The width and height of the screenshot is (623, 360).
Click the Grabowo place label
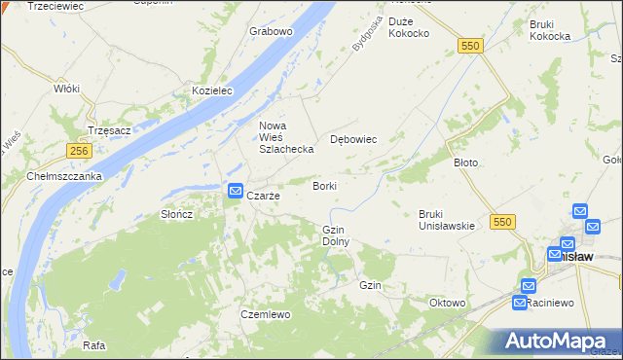(x=271, y=31)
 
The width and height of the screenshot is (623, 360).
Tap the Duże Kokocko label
(x=409, y=27)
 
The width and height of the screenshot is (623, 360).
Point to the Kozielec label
(x=214, y=90)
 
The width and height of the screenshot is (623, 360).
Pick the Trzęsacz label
(x=108, y=128)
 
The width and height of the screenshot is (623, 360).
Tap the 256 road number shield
(x=80, y=151)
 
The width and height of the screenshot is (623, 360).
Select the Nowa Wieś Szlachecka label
(x=284, y=137)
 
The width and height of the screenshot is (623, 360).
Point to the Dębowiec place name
(x=353, y=139)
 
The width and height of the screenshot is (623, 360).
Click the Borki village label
(x=324, y=185)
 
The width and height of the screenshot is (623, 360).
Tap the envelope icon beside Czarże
(x=235, y=192)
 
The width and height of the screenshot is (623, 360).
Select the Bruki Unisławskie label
(x=446, y=220)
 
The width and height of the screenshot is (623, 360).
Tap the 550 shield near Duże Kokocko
(x=472, y=46)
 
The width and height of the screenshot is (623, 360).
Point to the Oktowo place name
(x=448, y=303)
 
